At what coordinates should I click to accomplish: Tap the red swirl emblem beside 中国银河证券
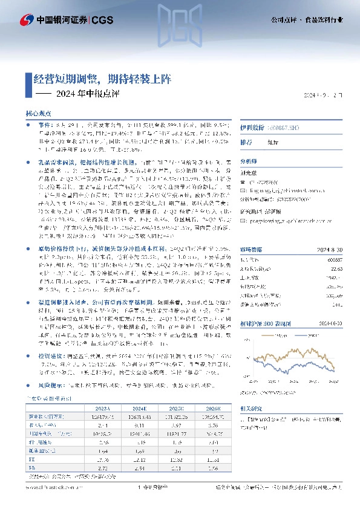coord(27,19)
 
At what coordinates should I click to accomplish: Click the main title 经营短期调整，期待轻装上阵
coord(102,79)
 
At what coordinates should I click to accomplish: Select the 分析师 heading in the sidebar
coord(249,161)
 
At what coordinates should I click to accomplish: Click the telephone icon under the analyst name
coord(243,181)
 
